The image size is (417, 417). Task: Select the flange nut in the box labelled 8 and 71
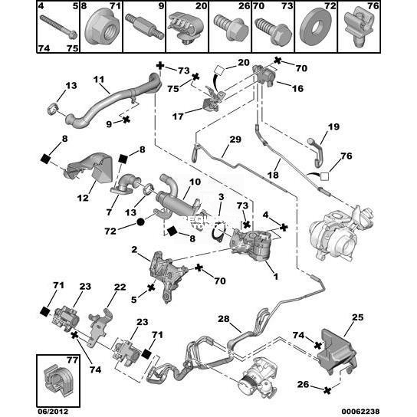(x=101, y=29)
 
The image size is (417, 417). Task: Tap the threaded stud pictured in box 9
(x=144, y=28)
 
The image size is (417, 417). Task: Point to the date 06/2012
(x=53, y=411)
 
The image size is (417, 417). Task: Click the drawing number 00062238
(x=360, y=411)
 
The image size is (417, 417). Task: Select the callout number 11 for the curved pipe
(x=99, y=79)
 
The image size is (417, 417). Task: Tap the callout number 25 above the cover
(x=358, y=317)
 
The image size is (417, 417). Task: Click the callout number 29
(x=235, y=139)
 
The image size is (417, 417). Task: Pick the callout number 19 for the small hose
(x=333, y=126)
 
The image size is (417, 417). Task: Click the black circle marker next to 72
(x=140, y=222)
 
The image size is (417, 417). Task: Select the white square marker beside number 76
(x=324, y=177)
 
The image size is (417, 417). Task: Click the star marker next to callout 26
(x=327, y=390)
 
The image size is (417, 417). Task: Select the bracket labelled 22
(x=99, y=327)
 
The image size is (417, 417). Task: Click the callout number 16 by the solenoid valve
(x=297, y=88)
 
